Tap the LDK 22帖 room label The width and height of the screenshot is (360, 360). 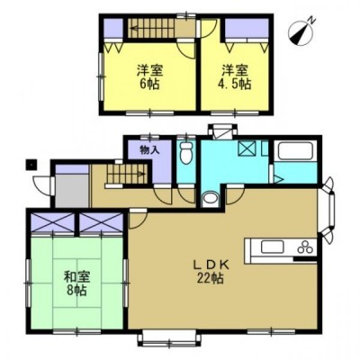211,272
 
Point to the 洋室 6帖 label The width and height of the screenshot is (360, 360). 149,77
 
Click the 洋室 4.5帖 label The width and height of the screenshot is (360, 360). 236,77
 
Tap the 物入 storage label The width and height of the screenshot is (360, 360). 149,150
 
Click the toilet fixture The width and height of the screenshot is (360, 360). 186,153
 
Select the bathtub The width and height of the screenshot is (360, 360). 296,151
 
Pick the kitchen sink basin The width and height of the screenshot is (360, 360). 273,247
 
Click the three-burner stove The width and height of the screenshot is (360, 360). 305,247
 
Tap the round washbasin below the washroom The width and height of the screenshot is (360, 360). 210,199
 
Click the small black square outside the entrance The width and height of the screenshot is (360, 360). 31,165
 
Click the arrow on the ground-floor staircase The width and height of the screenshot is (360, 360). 127,174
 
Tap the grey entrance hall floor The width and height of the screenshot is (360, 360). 73,190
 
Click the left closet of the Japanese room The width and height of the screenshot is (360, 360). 53,222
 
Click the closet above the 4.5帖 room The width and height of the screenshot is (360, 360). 247,29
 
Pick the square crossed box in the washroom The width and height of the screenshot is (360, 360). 247,148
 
